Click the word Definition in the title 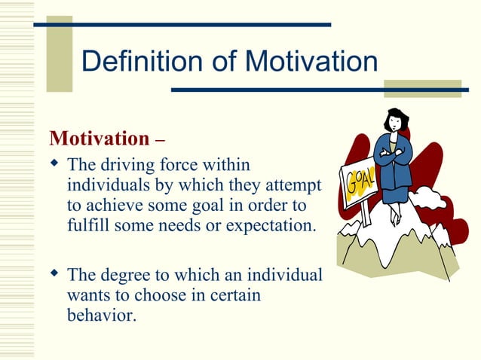tap(141, 61)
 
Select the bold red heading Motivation tap(100, 139)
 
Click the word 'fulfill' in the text tap(90, 224)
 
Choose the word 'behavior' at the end tap(100, 315)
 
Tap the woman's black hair tap(396, 117)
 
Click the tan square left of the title tap(59, 53)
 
